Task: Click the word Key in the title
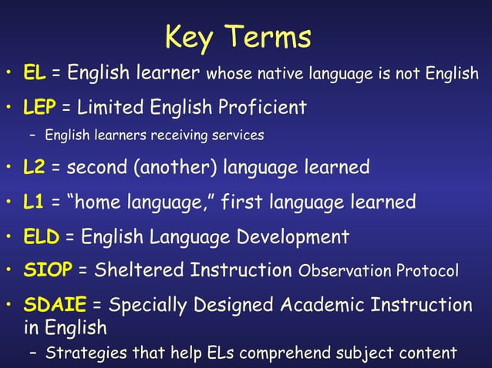pyautogui.click(x=191, y=36)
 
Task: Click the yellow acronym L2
pyautogui.click(x=35, y=166)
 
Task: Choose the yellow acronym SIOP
pyautogui.click(x=48, y=271)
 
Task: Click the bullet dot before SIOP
pyautogui.click(x=9, y=271)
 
